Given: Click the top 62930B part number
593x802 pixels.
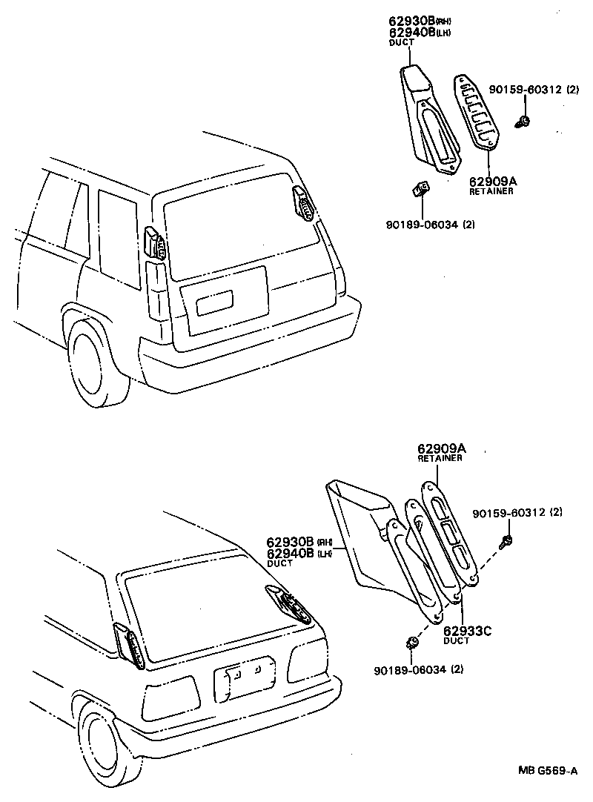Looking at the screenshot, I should [x=411, y=21].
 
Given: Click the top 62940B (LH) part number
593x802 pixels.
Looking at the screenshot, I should [x=411, y=32].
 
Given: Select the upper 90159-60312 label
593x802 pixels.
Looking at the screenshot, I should [x=526, y=90].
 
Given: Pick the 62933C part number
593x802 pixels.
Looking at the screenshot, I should [x=467, y=632].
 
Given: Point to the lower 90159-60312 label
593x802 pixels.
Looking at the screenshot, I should [x=511, y=512].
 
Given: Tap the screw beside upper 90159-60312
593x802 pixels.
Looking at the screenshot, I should [x=524, y=119].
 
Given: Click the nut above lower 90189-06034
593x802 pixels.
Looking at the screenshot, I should [x=411, y=640].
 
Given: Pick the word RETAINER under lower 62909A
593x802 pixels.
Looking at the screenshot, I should [x=440, y=459].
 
